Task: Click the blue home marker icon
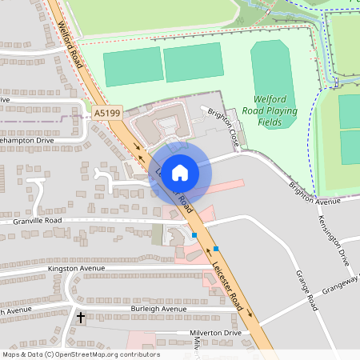pyautogui.click(x=180, y=171)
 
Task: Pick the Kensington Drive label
pyautogui.click(x=334, y=240)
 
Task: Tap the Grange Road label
pyautogui.click(x=306, y=290)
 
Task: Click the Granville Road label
pyautogui.click(x=31, y=220)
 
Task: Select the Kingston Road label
pyautogui.click(x=76, y=269)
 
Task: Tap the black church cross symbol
pyautogui.click(x=80, y=318)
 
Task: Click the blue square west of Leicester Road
pyautogui.click(x=194, y=235)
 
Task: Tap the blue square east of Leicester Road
pyautogui.click(x=216, y=249)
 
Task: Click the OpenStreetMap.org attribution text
pyautogui.click(x=104, y=354)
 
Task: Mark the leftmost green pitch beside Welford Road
pyautogui.click(x=132, y=67)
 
